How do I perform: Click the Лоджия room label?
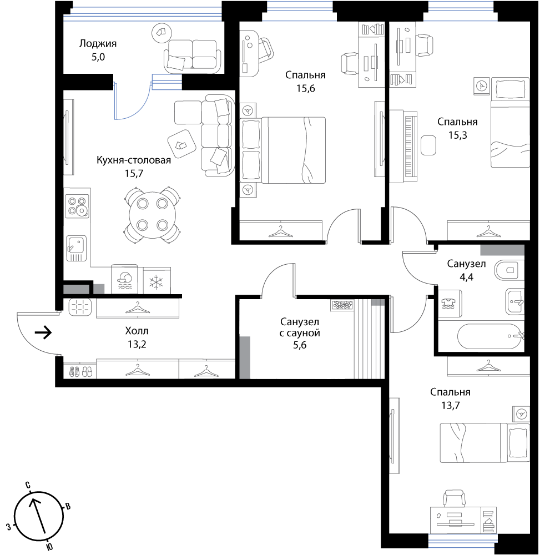[x=98, y=44]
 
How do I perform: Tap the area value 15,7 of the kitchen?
[x=134, y=173]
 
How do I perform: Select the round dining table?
[x=153, y=214]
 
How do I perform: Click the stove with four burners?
[x=77, y=206]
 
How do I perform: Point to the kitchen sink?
[x=76, y=248]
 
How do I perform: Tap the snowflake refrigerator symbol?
[x=156, y=282]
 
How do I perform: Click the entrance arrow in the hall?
[x=43, y=332]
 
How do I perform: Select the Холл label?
[x=137, y=331]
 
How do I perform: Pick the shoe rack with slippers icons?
[x=80, y=371]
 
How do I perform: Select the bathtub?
[x=491, y=336]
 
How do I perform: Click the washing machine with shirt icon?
[x=450, y=304]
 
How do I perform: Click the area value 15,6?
[x=306, y=88]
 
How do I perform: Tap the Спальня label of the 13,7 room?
[x=450, y=392]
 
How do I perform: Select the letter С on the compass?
[x=28, y=485]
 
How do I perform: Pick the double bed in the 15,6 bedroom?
[x=283, y=150]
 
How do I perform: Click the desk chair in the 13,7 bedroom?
[x=454, y=498]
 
